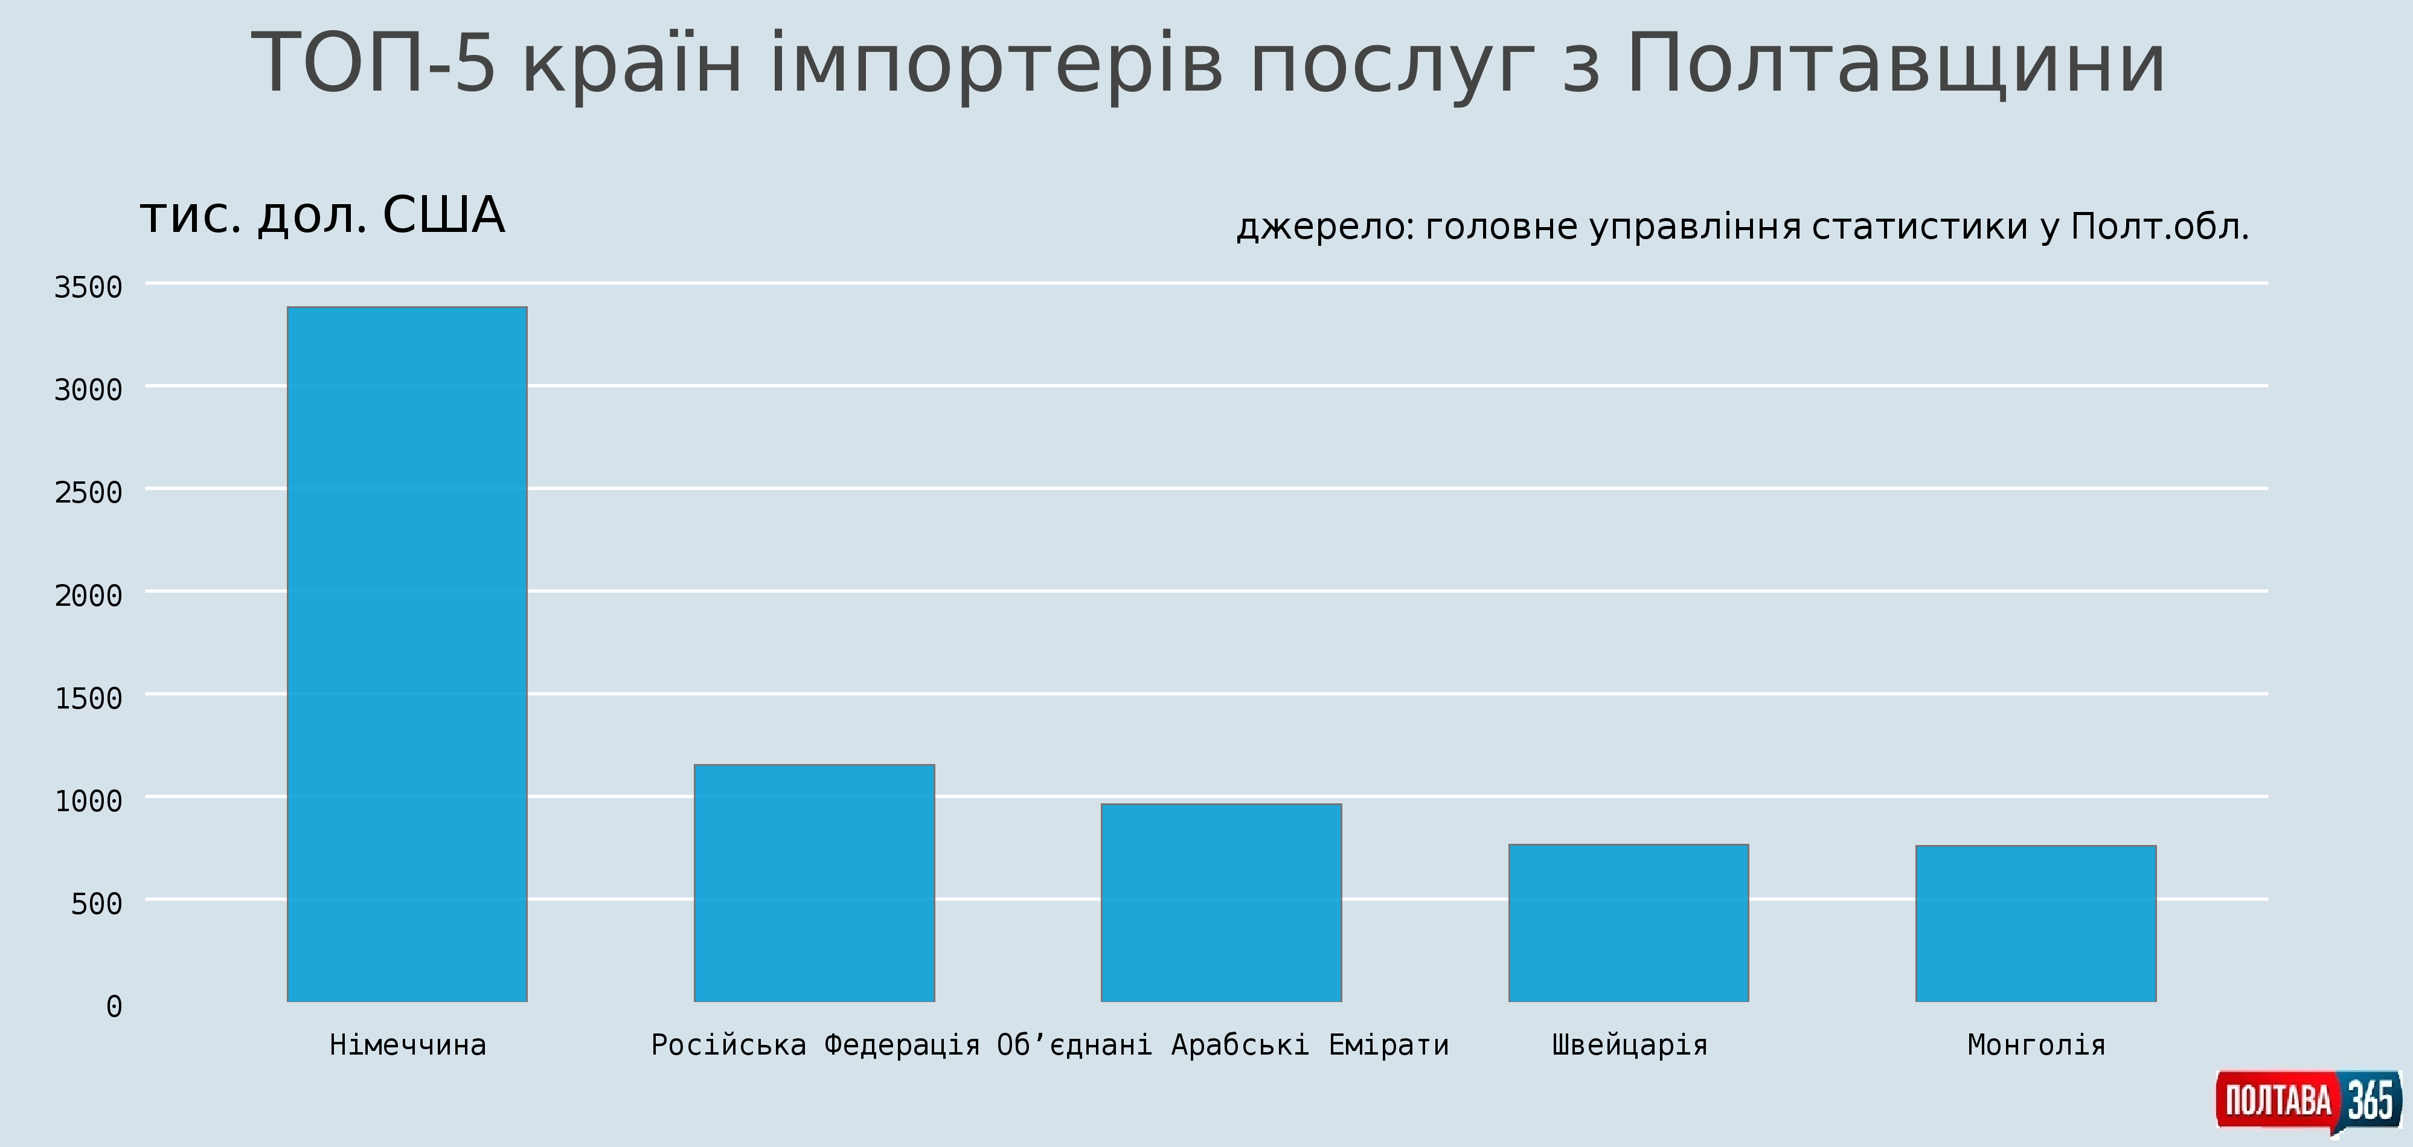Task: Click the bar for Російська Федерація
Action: click(814, 882)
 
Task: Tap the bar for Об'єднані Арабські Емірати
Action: click(1222, 902)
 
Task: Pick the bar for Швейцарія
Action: click(1629, 923)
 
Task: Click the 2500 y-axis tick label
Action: click(88, 492)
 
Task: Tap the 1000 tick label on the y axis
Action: click(88, 800)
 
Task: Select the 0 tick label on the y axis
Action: click(114, 1006)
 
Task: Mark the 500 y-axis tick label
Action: click(97, 904)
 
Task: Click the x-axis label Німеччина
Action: click(408, 1044)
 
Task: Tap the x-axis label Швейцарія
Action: click(1630, 1044)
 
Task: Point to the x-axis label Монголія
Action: click(2036, 1044)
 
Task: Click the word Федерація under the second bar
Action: click(902, 1044)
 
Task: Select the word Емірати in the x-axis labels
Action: click(1388, 1044)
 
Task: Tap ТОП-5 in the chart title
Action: click(373, 63)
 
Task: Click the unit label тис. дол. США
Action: click(322, 216)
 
